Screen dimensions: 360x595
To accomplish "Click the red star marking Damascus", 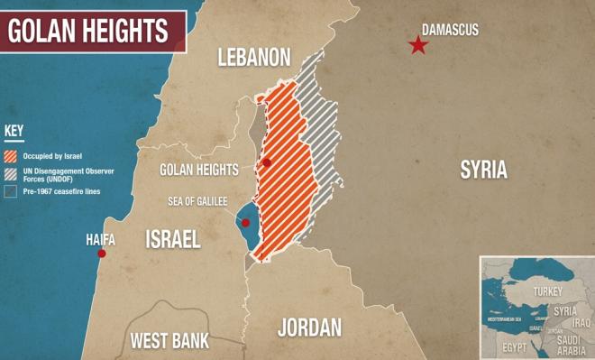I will click(x=417, y=45).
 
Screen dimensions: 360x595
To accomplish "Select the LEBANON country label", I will click(x=254, y=59).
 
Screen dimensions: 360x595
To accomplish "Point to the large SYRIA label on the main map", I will click(x=483, y=169).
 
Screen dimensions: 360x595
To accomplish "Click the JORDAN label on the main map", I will click(x=309, y=327).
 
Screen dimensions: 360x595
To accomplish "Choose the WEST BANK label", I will click(x=169, y=341).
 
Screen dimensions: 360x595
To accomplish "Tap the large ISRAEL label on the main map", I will click(x=173, y=238).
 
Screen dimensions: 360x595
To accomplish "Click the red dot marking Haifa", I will click(x=101, y=254).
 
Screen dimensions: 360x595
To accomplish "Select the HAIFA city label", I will click(x=100, y=239).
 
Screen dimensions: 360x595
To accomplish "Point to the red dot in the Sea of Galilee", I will click(x=245, y=221).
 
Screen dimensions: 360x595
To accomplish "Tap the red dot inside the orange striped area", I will click(x=266, y=162).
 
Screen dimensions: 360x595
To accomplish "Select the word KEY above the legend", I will click(x=14, y=130).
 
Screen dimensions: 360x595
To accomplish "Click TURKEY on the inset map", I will click(x=547, y=291).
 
